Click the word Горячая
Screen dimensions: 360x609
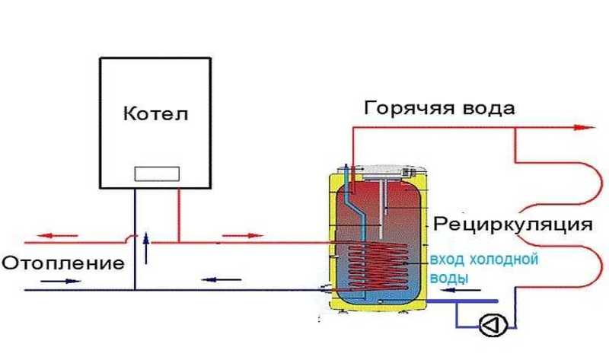pos(408,107)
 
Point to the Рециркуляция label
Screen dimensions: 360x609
pos(512,225)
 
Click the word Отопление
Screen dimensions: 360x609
pos(62,264)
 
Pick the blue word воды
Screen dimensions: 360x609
pos(450,278)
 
